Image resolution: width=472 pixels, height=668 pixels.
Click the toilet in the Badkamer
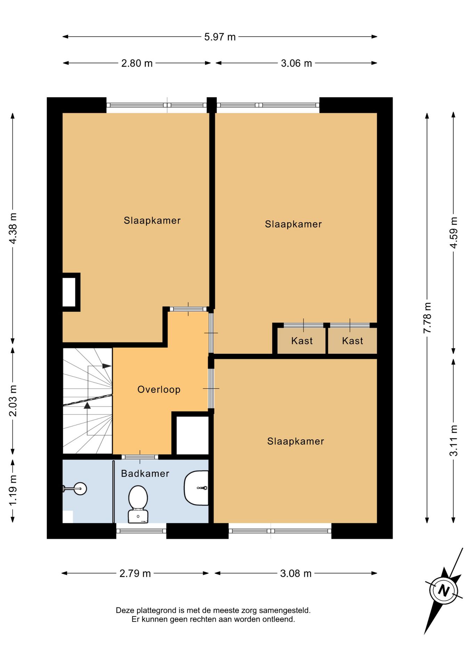pos(138,504)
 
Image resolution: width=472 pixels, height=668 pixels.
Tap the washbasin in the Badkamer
pos(196,488)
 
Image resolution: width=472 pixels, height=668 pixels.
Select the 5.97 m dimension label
pos(220,37)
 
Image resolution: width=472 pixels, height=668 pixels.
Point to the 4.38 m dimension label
pos(13,228)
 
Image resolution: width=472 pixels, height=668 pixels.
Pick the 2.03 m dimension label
pos(13,401)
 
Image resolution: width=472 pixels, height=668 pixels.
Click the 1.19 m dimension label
pos(13,491)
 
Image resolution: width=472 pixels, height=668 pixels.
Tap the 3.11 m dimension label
pos(454,440)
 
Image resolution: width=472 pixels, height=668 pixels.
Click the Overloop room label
pos(159,389)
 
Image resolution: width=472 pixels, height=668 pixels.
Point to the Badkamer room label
pos(145,474)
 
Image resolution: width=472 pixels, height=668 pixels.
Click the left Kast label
pos(302,341)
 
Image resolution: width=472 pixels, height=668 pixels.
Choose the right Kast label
pos(352,341)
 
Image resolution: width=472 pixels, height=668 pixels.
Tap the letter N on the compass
pos(443,590)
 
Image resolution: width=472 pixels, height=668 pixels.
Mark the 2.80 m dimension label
pos(137,63)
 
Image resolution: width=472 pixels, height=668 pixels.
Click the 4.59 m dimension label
pos(454,232)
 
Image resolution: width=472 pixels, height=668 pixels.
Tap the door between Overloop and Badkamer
pos(140,457)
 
